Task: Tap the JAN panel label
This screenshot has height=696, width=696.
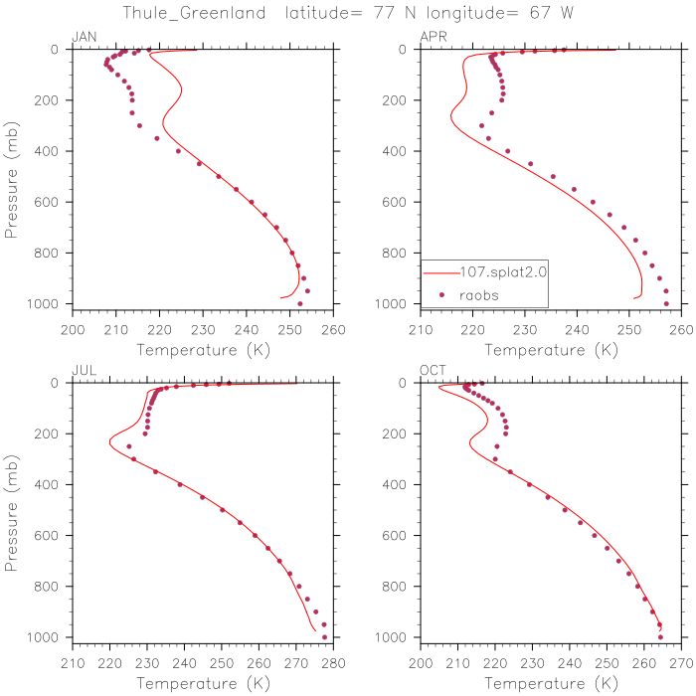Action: [83, 38]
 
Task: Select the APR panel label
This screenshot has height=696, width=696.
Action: [434, 38]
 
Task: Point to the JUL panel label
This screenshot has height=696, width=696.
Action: [83, 370]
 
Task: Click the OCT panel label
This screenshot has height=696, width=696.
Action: [433, 370]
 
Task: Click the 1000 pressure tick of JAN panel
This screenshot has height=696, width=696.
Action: [51, 303]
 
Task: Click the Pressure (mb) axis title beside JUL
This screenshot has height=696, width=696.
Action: [13, 510]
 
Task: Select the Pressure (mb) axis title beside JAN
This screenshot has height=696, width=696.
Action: [13, 177]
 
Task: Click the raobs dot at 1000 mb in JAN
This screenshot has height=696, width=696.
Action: [299, 303]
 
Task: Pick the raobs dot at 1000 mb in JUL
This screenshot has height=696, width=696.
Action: [325, 636]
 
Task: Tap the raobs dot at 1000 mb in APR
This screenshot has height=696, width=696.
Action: [666, 303]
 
